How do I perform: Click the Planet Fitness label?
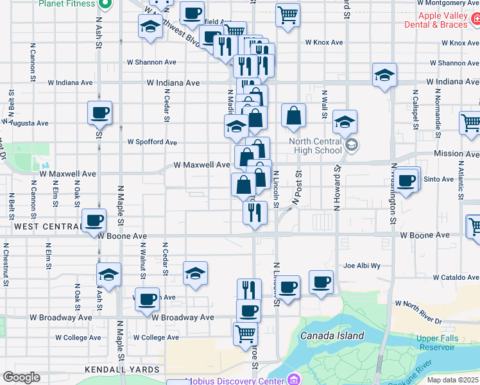click(67, 3)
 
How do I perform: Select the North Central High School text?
click(315, 146)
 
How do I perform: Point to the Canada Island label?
click(332, 336)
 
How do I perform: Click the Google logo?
click(21, 377)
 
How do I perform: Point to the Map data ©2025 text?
click(452, 380)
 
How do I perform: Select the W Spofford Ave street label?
click(152, 142)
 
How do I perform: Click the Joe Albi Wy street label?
click(362, 265)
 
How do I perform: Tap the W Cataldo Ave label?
click(456, 278)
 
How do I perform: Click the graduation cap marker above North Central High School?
click(345, 122)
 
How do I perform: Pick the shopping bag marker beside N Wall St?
click(293, 116)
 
